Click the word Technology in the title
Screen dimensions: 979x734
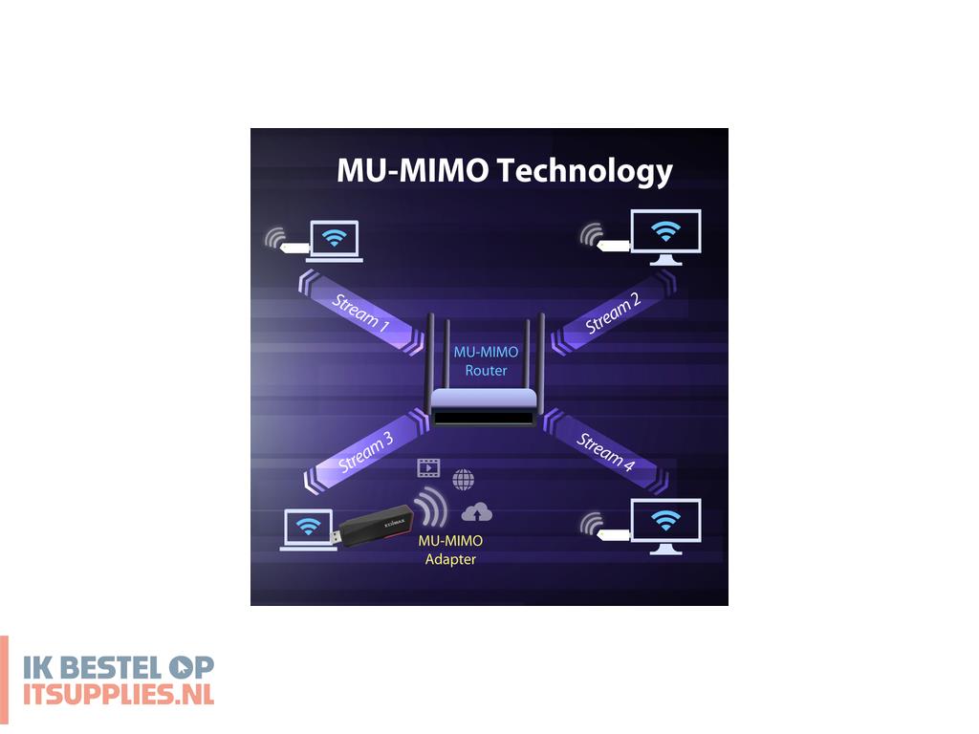point(584,171)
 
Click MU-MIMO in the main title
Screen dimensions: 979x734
point(412,170)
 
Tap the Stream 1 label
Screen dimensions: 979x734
point(360,312)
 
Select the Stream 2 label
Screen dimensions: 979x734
point(613,313)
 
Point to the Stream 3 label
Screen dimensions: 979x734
point(366,452)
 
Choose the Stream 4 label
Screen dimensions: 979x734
point(605,451)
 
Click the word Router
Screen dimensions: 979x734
point(486,371)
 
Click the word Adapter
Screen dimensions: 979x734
point(450,559)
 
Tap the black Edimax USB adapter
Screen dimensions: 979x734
point(372,527)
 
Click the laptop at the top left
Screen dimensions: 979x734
point(334,241)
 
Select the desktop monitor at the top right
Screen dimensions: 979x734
point(665,237)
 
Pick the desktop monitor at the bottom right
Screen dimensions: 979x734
point(665,527)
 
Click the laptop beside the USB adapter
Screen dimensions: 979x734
point(309,529)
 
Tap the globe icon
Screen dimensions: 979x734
point(464,480)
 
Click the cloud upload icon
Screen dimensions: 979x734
point(476,512)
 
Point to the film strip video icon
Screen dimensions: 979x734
point(428,467)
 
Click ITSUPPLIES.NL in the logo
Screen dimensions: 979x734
point(119,694)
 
